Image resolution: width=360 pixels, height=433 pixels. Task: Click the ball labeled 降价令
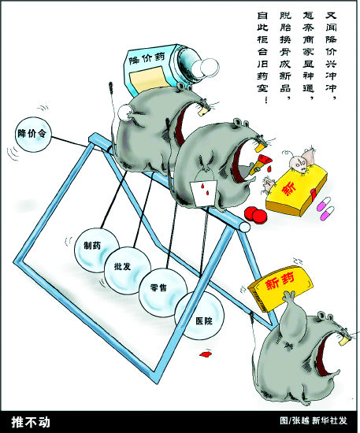tap(33, 135)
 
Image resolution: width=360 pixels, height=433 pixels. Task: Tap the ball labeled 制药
tap(96, 250)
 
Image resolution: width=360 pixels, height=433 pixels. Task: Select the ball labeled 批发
tap(128, 271)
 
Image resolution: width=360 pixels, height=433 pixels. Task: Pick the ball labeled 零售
tap(163, 292)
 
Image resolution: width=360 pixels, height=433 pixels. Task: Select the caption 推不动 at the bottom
tap(31, 422)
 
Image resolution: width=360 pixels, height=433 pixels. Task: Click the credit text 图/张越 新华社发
tap(314, 421)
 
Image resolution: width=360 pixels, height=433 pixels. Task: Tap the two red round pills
tap(256, 214)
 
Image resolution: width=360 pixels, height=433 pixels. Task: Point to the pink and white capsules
tap(325, 208)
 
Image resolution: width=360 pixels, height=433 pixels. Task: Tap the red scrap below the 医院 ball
tap(206, 353)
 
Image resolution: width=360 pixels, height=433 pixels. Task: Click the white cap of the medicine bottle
tap(206, 68)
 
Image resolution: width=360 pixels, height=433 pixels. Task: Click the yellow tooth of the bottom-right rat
tap(343, 340)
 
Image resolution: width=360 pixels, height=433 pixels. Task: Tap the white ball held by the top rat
tap(126, 113)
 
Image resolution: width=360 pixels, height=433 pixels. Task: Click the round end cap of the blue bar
tap(244, 227)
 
